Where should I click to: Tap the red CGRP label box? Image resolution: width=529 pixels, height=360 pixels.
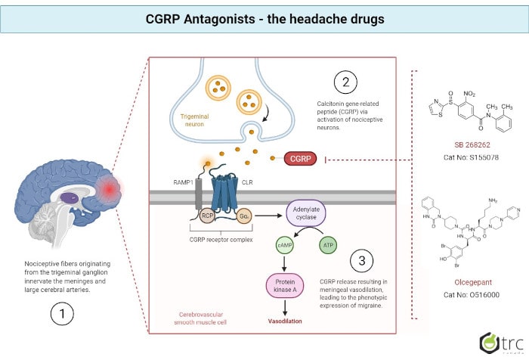[x=301, y=159]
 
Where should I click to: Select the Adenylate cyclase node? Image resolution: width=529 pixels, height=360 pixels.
[x=308, y=214]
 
